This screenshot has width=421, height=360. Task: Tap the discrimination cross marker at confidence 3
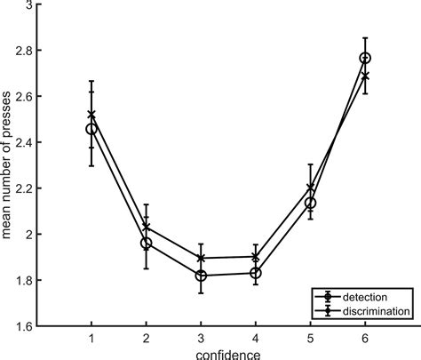coord(202,258)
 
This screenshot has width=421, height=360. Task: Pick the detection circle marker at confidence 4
coord(256,273)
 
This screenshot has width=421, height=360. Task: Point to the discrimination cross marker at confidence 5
coord(310,188)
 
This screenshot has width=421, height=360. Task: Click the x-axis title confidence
coord(229,353)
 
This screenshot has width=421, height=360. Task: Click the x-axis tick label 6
coord(365,338)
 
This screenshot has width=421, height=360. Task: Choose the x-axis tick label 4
coord(256,338)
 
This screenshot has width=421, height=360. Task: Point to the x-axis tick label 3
coord(202,338)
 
